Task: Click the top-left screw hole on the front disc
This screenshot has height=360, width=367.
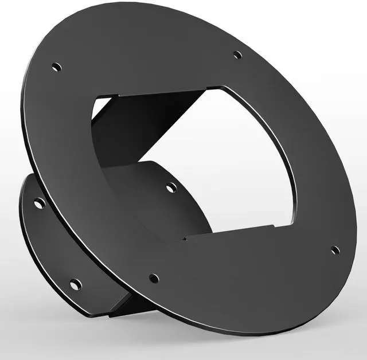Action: pos(56,67)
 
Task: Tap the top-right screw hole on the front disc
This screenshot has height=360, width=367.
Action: pos(237,56)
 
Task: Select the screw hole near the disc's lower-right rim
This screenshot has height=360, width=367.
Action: pos(335,251)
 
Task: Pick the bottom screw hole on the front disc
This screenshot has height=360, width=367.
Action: pos(154,279)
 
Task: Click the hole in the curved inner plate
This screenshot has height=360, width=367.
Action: pos(171,187)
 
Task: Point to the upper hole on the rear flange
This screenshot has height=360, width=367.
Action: pos(39,204)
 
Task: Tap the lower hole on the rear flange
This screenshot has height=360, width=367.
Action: pos(75,284)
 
